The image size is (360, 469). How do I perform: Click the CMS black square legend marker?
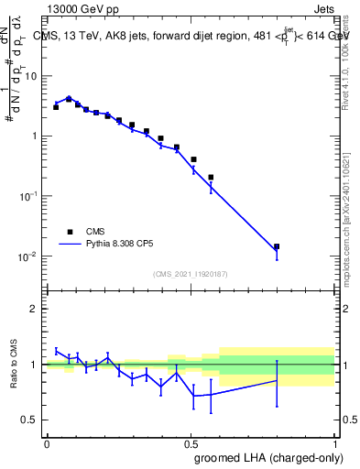[70, 232]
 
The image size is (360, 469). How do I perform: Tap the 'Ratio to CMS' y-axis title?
[14, 365]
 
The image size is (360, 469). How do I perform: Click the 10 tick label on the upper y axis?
[31, 76]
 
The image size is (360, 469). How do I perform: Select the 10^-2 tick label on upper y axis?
[28, 256]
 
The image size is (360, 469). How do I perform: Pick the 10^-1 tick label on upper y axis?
[28, 196]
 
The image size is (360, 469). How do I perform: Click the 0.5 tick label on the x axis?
[191, 442]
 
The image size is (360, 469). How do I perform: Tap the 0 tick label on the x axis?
[47, 442]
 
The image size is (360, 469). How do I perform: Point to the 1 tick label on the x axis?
[334, 442]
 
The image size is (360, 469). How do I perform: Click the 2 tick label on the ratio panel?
[35, 309]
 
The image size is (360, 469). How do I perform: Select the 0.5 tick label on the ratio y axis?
[31, 420]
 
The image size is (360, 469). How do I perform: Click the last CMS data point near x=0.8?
[277, 246]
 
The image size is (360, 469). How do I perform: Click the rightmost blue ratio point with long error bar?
[277, 380]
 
